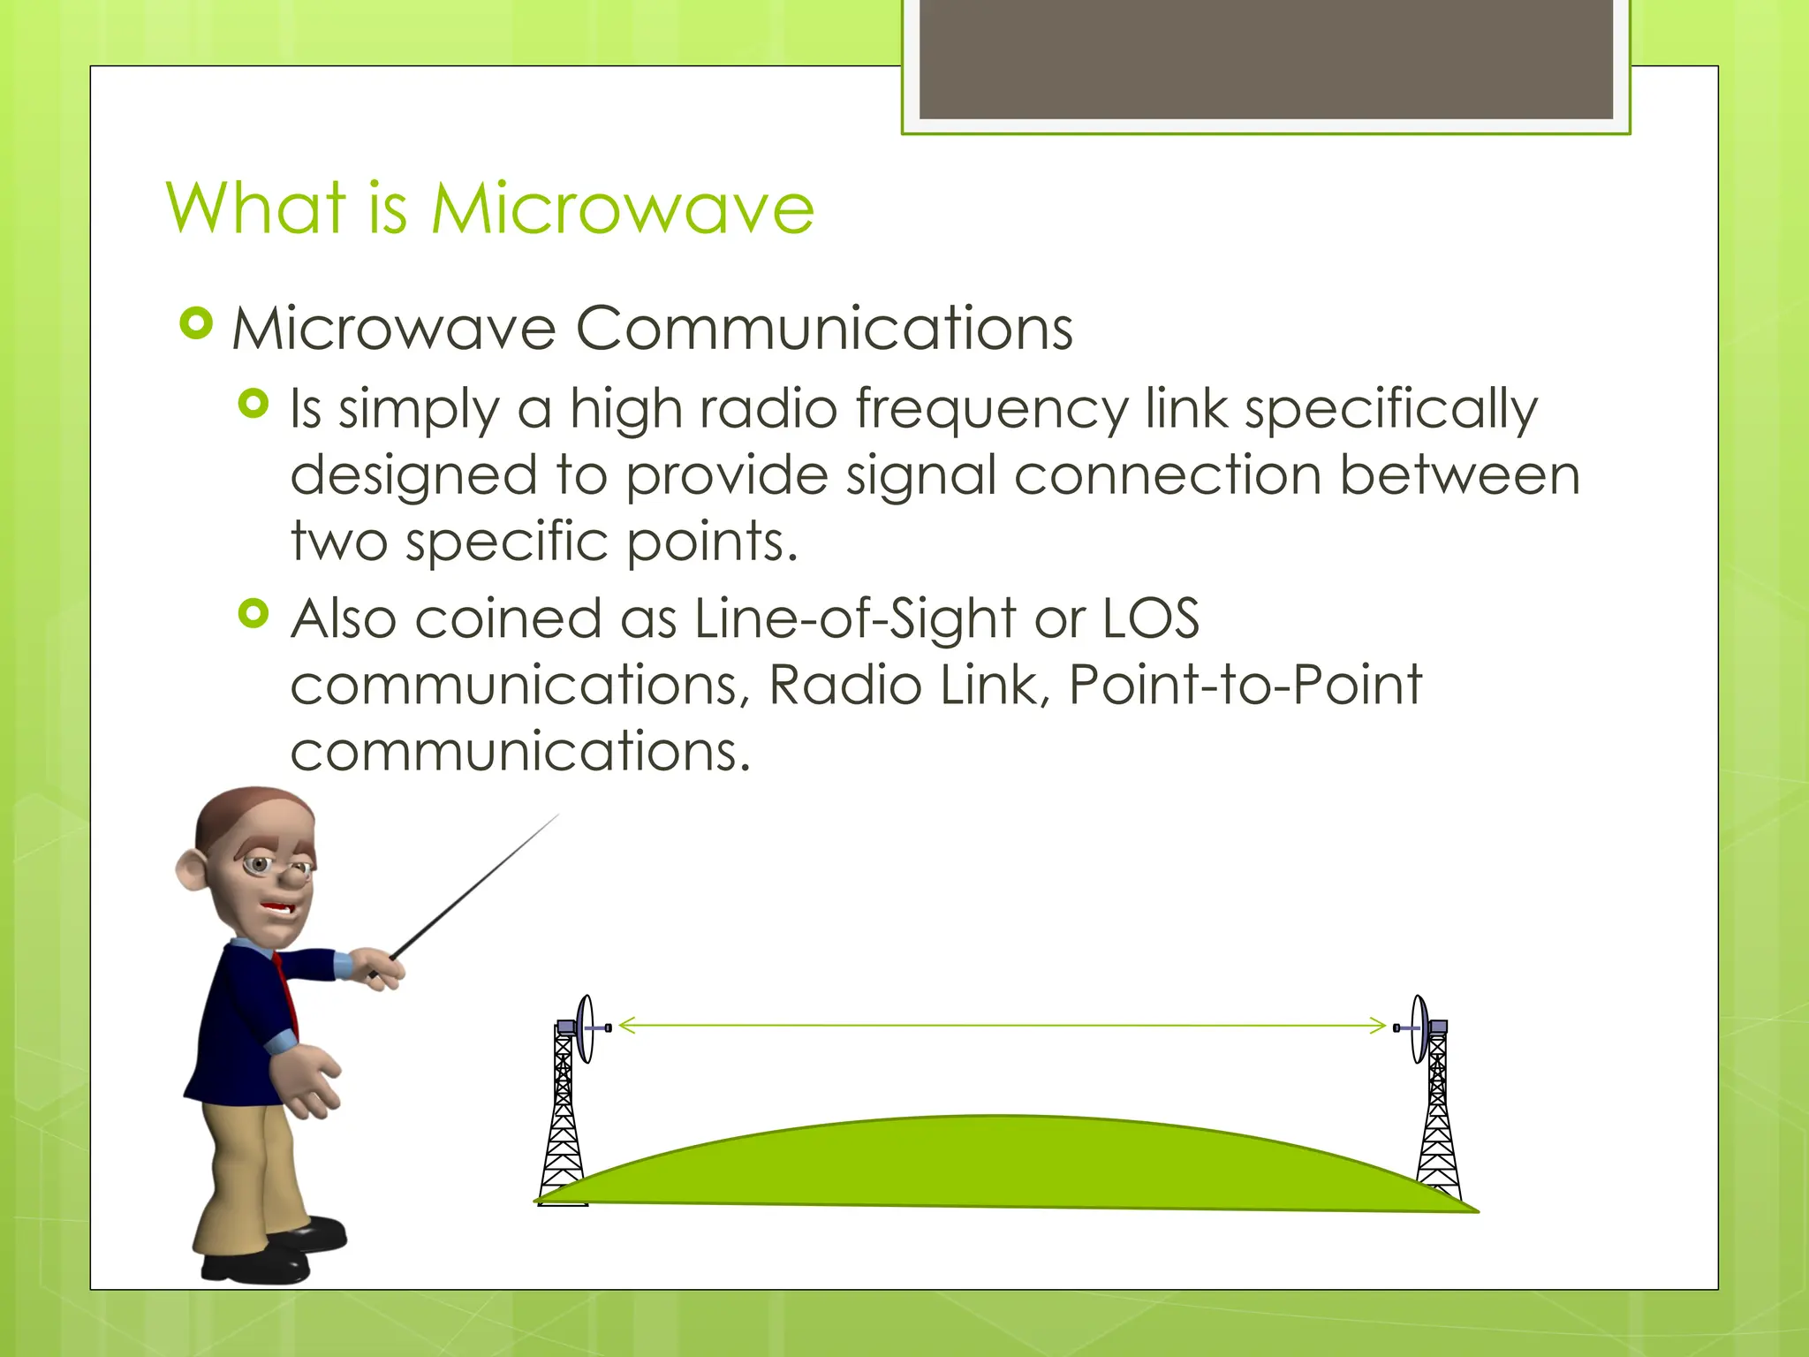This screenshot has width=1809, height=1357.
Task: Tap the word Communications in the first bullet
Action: coord(824,329)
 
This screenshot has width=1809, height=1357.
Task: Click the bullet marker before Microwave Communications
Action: coord(196,323)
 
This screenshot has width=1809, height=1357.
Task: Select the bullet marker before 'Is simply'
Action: coord(254,405)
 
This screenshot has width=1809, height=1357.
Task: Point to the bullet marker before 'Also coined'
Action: coord(254,613)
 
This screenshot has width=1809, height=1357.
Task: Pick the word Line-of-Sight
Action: coord(855,618)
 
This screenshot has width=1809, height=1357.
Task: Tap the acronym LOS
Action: coord(1151,618)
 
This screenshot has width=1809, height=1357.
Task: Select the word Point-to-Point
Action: coord(1245,685)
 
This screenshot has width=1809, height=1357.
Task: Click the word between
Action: coord(1459,476)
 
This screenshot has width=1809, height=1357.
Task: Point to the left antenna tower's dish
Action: coord(585,1028)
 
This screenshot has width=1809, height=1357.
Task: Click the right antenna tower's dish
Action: coord(1419,1028)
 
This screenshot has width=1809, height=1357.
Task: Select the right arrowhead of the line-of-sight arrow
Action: coord(1379,1025)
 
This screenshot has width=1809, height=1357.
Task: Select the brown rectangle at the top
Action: coord(1266,58)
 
